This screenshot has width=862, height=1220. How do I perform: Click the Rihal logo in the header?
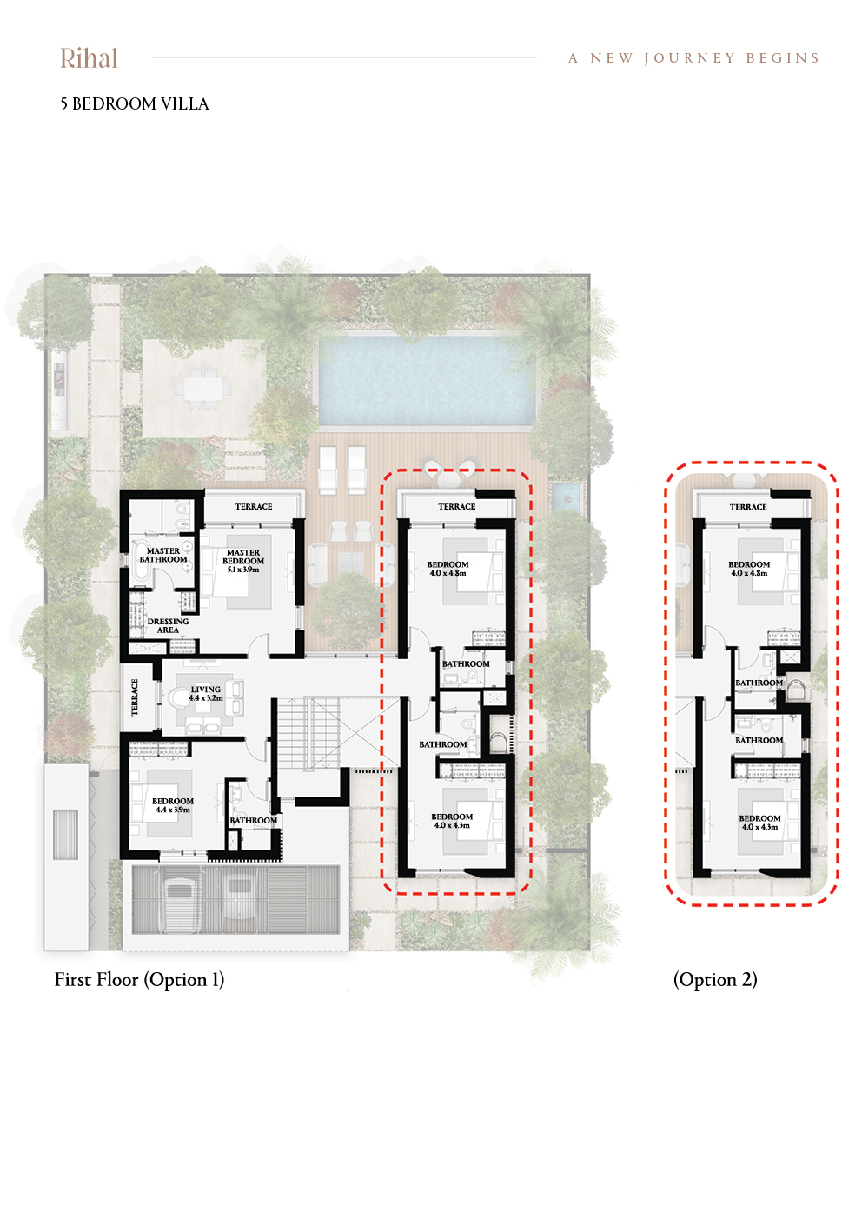(x=89, y=58)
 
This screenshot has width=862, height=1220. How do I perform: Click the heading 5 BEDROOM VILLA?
(x=135, y=104)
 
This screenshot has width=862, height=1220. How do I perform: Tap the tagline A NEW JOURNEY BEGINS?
(x=693, y=58)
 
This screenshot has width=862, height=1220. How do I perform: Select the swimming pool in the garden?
(x=428, y=381)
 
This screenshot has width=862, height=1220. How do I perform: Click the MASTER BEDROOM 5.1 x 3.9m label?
(x=243, y=561)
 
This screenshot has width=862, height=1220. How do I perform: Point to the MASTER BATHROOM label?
(x=163, y=555)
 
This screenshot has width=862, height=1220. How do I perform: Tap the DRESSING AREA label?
(x=168, y=625)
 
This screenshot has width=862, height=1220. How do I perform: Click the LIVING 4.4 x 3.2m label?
(x=206, y=693)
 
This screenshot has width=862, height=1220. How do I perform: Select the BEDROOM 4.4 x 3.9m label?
(x=173, y=805)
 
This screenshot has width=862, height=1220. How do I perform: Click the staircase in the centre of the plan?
(x=309, y=733)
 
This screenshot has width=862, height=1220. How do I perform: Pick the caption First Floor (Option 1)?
(x=139, y=980)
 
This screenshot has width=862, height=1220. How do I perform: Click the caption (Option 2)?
(x=715, y=980)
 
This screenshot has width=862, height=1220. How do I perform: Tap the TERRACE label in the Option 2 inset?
(x=748, y=507)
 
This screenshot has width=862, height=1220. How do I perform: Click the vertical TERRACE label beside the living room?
(x=135, y=697)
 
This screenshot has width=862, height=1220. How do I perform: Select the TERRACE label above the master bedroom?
(x=254, y=506)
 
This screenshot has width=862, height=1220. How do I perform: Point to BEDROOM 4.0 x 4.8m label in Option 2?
(x=749, y=569)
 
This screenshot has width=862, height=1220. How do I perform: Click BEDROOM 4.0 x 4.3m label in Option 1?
(x=452, y=821)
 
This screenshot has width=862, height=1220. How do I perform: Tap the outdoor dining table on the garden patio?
(x=198, y=389)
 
